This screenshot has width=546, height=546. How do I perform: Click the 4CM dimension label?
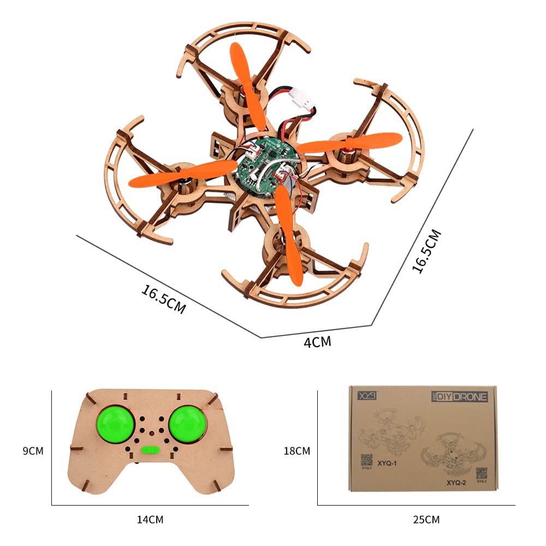[317, 342]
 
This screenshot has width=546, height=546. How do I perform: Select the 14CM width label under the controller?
[150, 519]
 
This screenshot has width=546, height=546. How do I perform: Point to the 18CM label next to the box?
[296, 451]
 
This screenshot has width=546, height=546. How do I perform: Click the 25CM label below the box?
[426, 519]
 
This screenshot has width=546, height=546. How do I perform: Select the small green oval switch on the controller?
[149, 450]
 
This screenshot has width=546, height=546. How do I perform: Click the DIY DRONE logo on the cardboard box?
[459, 396]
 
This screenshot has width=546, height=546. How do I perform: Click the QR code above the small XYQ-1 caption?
[366, 460]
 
